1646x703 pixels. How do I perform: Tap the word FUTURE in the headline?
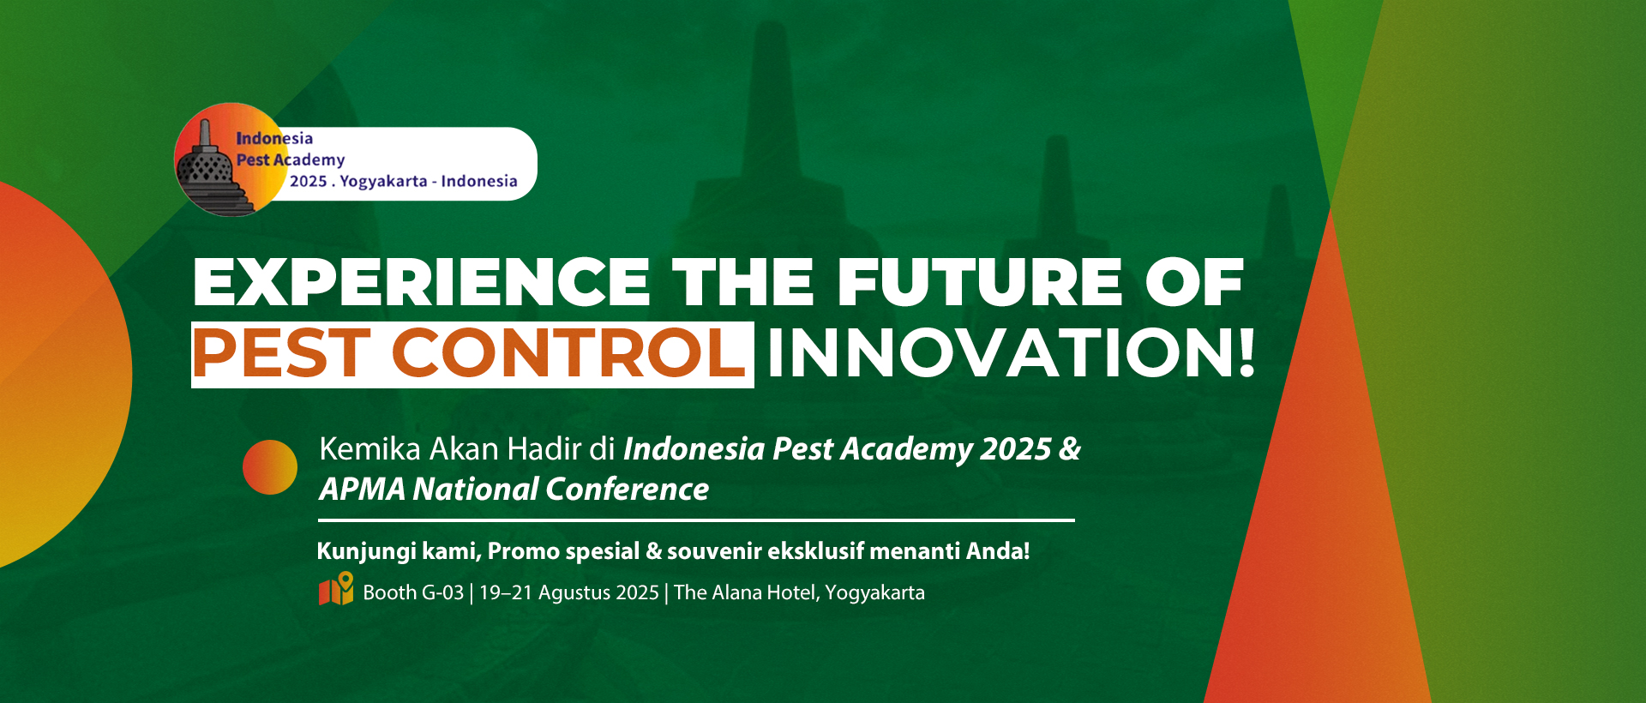[980, 282]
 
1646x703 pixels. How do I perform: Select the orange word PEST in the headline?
[281, 353]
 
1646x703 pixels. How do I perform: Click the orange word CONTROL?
[569, 353]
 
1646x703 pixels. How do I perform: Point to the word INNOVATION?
[1012, 353]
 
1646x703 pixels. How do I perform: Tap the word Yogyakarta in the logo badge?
[383, 182]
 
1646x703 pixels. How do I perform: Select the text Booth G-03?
[413, 592]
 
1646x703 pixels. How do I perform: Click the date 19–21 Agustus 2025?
[569, 592]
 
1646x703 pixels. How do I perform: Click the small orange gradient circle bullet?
[270, 467]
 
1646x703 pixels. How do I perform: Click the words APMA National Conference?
[514, 490]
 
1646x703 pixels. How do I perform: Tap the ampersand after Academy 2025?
[1070, 449]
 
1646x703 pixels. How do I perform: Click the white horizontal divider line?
[696, 520]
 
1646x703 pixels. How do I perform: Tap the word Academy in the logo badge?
[309, 160]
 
